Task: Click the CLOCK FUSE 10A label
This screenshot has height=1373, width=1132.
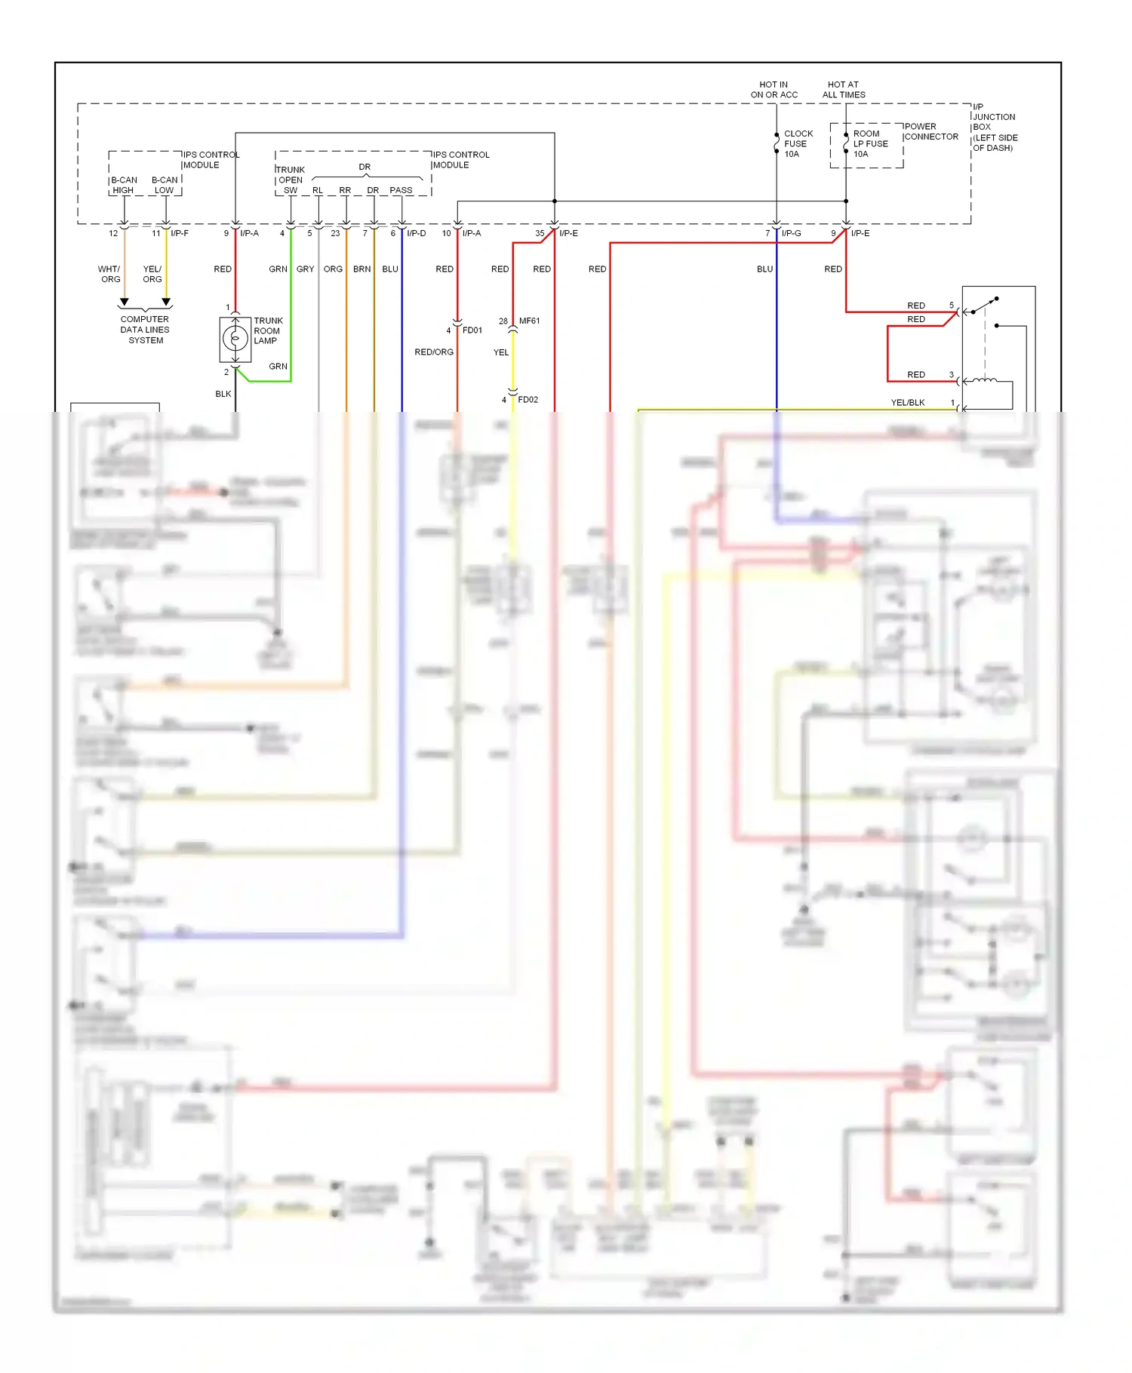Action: (x=798, y=143)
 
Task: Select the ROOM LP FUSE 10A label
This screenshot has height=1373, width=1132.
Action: (x=870, y=143)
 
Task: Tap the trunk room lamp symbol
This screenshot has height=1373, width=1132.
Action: (x=235, y=339)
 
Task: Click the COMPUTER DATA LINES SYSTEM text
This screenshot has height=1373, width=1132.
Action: (x=145, y=330)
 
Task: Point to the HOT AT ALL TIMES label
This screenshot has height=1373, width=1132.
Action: (x=843, y=90)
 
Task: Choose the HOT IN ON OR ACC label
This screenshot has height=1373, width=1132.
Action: (x=774, y=90)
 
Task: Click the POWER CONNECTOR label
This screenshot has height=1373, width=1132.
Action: (x=931, y=131)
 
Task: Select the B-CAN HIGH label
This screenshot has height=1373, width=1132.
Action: (x=124, y=185)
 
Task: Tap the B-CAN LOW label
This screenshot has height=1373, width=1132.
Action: (x=165, y=185)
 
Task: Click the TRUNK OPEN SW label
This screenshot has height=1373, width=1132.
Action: (x=290, y=180)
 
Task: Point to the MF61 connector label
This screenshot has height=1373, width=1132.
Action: (x=529, y=321)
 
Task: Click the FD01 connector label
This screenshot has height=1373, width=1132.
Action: (x=472, y=330)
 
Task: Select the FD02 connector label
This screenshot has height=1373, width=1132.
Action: (x=528, y=399)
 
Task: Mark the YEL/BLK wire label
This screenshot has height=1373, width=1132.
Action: (x=907, y=402)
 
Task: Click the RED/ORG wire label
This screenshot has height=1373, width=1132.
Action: (x=434, y=352)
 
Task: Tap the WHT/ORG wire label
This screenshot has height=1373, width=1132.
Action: (x=109, y=274)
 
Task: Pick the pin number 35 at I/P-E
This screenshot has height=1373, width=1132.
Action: (x=540, y=233)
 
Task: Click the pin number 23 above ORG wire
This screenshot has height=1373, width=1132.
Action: (x=335, y=233)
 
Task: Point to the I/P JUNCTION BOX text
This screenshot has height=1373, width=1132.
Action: (x=994, y=127)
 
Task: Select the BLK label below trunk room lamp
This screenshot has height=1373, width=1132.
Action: (x=223, y=393)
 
